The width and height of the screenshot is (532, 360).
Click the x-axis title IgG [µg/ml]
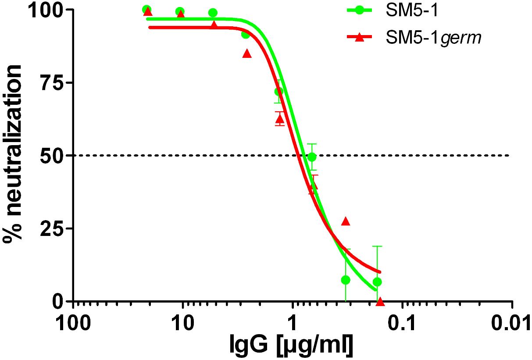[292, 346]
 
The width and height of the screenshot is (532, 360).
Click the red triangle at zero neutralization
[380, 301]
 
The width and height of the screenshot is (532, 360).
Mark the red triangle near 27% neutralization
[346, 221]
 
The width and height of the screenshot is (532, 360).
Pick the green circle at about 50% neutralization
[312, 157]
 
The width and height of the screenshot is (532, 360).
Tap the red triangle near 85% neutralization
[247, 53]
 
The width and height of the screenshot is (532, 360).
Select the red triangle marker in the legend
[359, 38]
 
